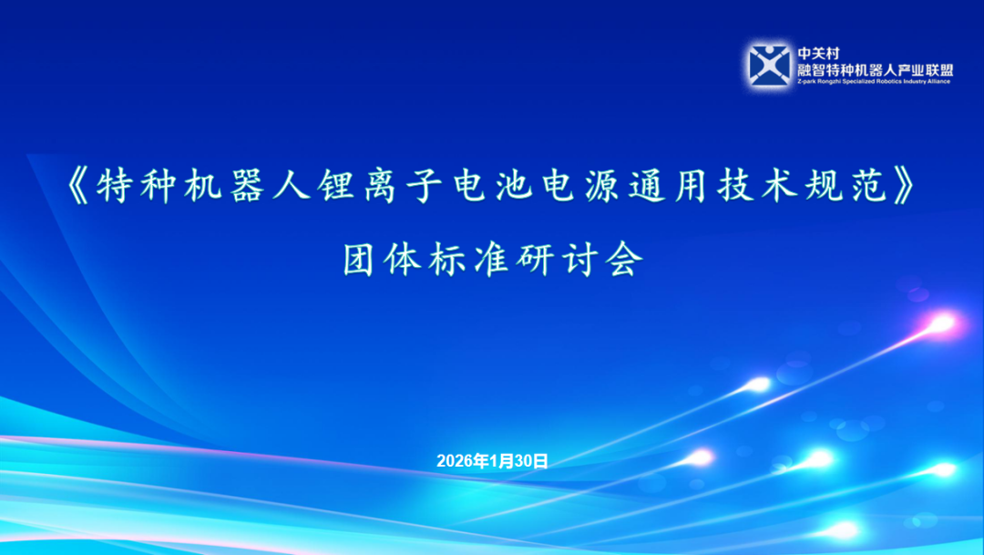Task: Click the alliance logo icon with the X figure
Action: (769, 65)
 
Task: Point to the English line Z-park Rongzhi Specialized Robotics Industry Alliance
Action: (874, 81)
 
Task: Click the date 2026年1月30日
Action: (492, 461)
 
